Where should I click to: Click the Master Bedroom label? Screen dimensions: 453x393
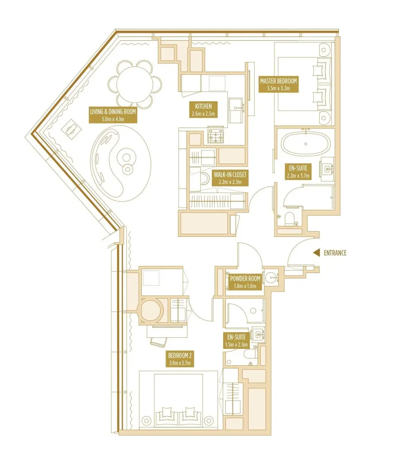pos(278,84)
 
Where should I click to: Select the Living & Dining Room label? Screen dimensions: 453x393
pos(113,115)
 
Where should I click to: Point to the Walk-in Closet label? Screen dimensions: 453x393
pos(230,178)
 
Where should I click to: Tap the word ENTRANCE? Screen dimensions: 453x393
pos(335,253)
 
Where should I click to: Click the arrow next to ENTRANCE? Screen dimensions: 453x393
pos(316,253)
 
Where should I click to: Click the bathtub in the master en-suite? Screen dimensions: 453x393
pos(305,144)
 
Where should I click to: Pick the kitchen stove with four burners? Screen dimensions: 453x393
pos(215,135)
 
